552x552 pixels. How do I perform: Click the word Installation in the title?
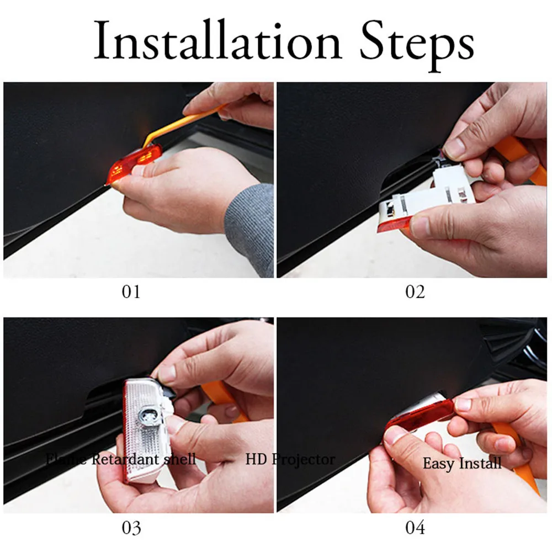coord(217,41)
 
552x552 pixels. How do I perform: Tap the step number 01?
coord(131,291)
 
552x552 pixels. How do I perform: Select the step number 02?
coord(415,291)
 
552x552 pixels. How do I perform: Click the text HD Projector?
coord(290,459)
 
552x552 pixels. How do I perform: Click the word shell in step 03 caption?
coord(180,459)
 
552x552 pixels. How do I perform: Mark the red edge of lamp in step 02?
coord(389,227)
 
